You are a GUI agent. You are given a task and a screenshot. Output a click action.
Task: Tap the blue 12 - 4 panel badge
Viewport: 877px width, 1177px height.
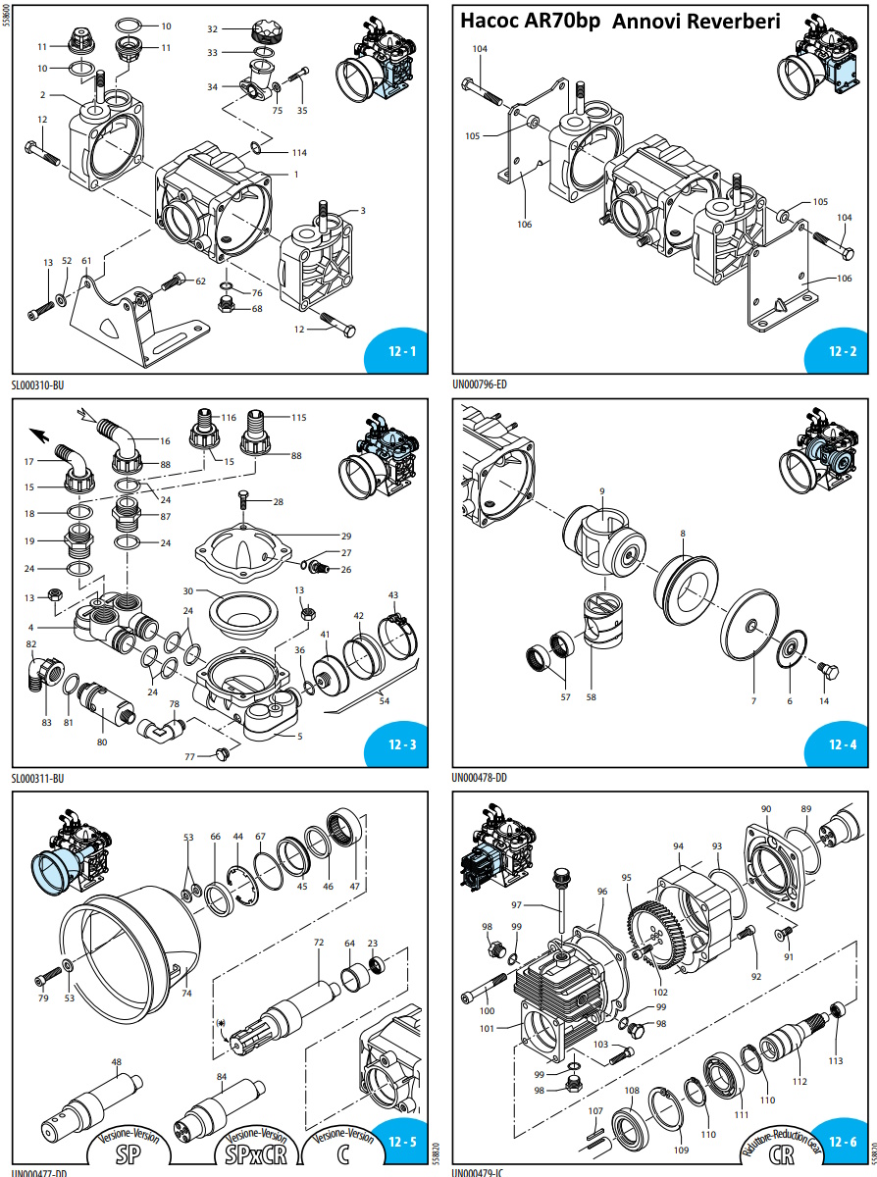[842, 744]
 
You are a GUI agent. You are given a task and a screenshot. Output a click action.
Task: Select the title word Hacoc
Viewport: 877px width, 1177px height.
[491, 21]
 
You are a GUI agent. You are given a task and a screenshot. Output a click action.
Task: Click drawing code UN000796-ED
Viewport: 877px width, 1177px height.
[480, 384]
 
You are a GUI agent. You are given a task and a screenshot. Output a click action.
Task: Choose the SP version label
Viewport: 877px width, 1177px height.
[127, 1152]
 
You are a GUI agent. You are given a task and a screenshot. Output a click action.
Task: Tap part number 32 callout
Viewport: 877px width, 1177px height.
[213, 29]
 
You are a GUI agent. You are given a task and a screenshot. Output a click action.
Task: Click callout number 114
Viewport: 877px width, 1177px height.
[298, 153]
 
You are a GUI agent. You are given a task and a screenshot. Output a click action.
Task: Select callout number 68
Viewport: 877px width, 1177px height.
[257, 309]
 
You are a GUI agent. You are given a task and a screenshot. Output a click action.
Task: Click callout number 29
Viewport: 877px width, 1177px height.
[345, 537]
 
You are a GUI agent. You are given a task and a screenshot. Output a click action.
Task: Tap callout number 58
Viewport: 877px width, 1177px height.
[591, 697]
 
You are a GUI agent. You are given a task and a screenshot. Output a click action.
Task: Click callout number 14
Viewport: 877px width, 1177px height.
[824, 700]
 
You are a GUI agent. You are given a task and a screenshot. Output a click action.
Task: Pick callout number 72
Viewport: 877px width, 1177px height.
[318, 943]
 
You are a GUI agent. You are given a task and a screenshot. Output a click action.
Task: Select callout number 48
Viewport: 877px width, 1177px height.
[117, 1062]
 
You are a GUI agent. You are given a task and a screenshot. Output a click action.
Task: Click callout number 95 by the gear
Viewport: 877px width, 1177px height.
[626, 877]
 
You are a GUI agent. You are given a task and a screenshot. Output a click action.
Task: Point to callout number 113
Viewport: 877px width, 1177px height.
[835, 1060]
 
